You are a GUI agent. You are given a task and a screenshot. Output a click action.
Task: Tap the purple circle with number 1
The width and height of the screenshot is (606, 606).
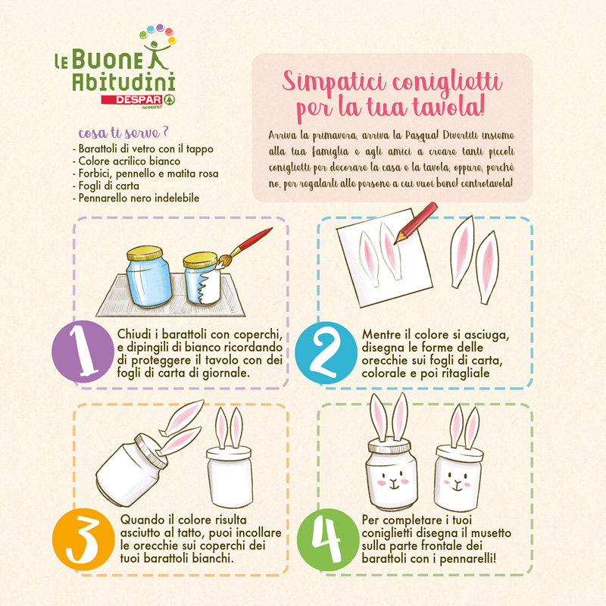pyautogui.click(x=83, y=351)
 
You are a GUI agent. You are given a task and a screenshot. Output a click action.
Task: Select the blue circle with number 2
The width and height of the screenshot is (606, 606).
pyautogui.click(x=326, y=353)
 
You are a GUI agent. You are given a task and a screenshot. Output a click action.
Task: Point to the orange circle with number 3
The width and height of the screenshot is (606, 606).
pyautogui.click(x=83, y=539)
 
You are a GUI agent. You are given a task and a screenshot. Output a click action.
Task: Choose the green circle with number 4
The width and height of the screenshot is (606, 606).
pyautogui.click(x=328, y=540)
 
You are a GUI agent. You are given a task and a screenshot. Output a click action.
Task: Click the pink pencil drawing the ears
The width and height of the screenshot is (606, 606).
pyautogui.click(x=415, y=223)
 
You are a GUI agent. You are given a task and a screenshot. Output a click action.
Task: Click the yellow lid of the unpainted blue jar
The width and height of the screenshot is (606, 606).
pyautogui.click(x=145, y=253)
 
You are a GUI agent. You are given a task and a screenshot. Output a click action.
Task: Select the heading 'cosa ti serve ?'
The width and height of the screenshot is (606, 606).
pyautogui.click(x=123, y=133)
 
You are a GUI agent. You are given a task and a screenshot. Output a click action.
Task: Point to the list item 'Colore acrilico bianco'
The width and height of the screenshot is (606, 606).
pyautogui.click(x=129, y=161)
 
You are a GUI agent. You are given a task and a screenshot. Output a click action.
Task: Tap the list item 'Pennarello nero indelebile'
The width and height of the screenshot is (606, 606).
pyautogui.click(x=139, y=198)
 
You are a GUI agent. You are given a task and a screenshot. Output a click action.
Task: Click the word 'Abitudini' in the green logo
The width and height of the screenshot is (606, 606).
pyautogui.click(x=123, y=82)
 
